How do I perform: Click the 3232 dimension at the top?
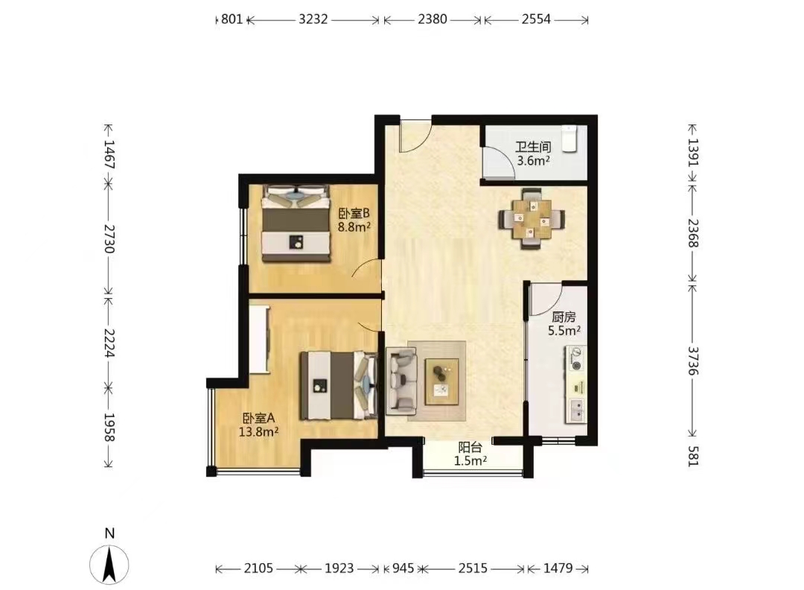313,19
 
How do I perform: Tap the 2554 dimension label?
536,19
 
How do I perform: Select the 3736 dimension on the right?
693,361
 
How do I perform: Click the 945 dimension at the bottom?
403,568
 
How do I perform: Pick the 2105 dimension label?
258,568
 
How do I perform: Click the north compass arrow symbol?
109,565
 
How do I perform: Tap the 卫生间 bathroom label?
533,147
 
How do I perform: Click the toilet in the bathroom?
569,139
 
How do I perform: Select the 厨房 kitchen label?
564,317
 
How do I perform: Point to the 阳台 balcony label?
470,448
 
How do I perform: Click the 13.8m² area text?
258,432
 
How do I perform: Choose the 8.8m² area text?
354,226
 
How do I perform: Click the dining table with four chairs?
532,219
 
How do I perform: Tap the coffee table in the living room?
441,381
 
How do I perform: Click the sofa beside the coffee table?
401,381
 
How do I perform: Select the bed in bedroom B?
296,223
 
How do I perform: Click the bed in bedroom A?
339,386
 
